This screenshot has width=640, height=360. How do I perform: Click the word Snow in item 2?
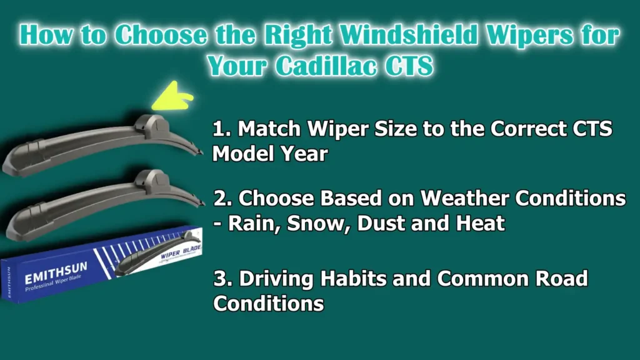[x=316, y=223]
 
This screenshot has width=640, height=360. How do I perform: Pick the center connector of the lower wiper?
[x=151, y=181]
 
